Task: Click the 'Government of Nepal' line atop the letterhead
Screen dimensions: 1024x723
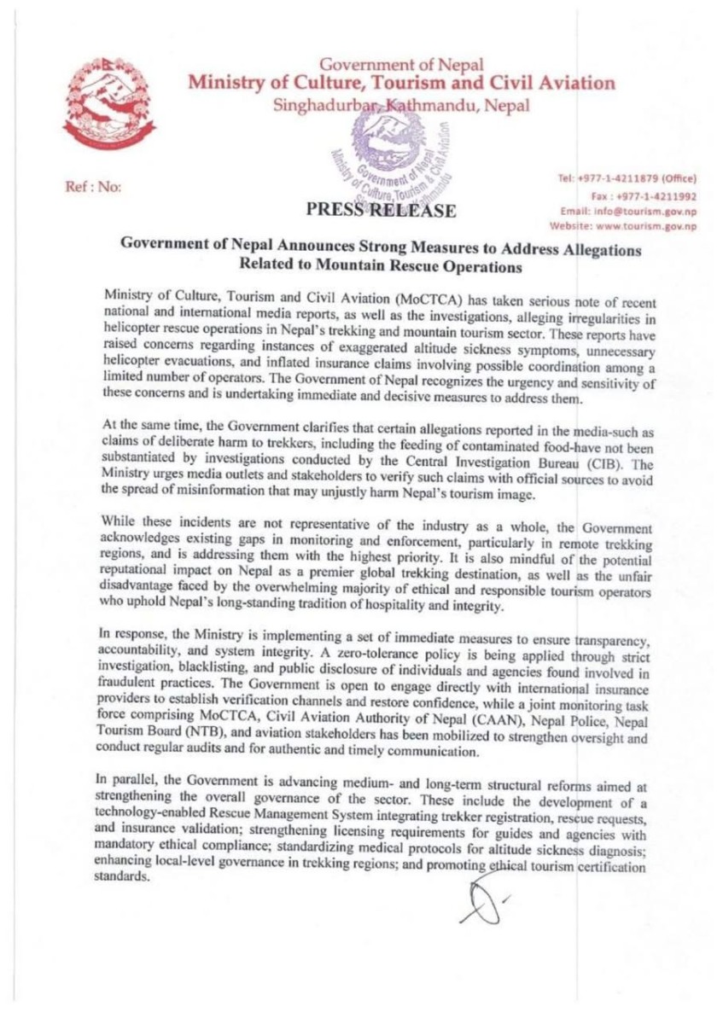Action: pyautogui.click(x=402, y=65)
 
